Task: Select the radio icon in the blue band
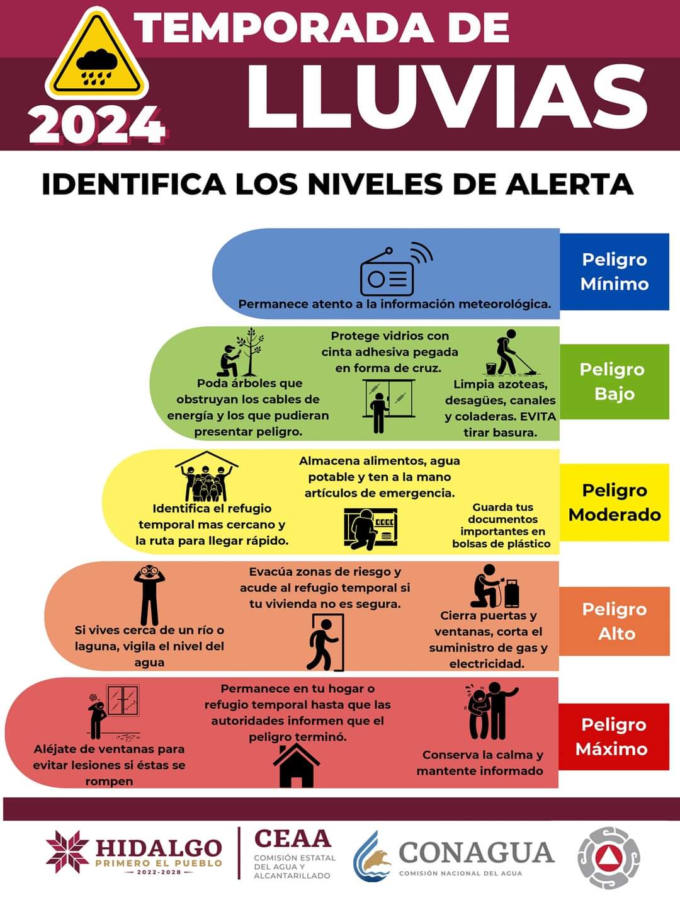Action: [x=395, y=270]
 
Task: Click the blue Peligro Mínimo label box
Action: [x=614, y=271]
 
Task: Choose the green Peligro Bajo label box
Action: [x=614, y=381]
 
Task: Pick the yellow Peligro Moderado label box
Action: [x=614, y=502]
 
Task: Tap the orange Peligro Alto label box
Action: [x=614, y=621]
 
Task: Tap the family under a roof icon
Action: [x=207, y=477]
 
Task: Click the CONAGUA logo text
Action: [x=476, y=853]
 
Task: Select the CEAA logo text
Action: [x=292, y=839]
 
